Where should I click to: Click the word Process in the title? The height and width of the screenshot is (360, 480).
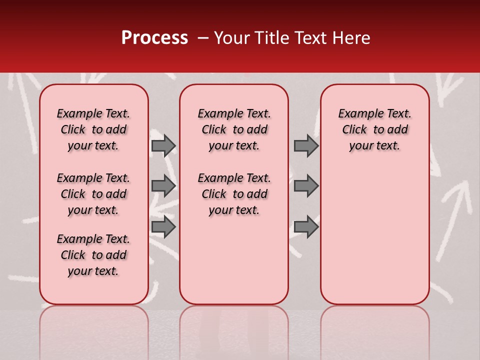(154, 38)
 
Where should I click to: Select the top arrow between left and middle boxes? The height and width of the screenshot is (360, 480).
(163, 145)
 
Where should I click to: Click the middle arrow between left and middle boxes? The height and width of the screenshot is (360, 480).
(163, 186)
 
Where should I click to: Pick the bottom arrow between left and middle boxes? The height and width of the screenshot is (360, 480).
(163, 227)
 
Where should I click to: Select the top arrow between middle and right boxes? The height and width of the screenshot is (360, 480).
(306, 145)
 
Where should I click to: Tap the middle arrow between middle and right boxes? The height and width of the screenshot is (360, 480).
(306, 186)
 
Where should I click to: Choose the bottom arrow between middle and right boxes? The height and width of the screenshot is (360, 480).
(306, 227)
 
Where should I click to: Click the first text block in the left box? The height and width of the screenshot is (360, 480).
(93, 129)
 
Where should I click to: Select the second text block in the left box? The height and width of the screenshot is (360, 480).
(93, 194)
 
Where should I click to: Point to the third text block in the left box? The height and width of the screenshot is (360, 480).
(93, 255)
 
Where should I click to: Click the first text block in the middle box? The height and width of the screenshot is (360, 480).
(234, 129)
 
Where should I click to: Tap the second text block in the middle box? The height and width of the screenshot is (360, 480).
(234, 194)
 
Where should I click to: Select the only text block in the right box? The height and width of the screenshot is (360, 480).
(374, 129)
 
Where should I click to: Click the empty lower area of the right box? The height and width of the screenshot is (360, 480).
(374, 235)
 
